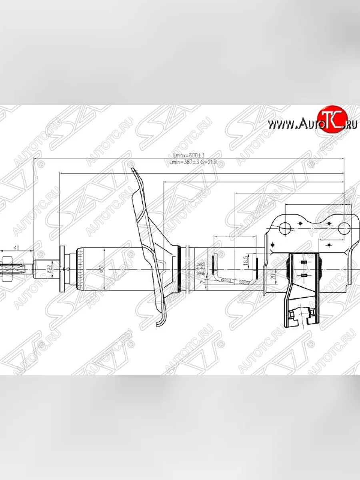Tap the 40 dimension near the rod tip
[x=16, y=248]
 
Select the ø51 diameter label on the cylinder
[x=102, y=269]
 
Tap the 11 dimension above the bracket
[x=347, y=201]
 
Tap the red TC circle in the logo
[x=332, y=120]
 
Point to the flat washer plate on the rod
[x=62, y=269]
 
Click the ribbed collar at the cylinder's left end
[x=79, y=269]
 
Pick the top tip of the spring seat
[x=134, y=170]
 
